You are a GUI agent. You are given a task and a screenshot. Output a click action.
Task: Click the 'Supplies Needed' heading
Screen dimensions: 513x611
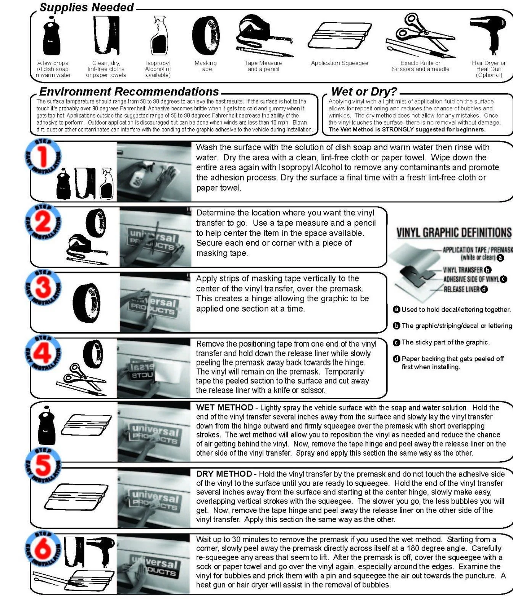tap(87, 7)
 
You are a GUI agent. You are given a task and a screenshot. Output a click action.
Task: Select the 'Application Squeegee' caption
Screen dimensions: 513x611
tap(339, 63)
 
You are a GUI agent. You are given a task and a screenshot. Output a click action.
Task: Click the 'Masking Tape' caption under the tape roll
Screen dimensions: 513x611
tap(205, 66)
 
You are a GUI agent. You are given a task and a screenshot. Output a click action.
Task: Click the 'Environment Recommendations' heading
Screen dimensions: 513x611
tap(129, 92)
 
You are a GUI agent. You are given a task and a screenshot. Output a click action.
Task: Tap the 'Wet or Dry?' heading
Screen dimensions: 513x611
tap(364, 92)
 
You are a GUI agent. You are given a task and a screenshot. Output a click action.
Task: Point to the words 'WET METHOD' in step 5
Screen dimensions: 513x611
tap(224, 407)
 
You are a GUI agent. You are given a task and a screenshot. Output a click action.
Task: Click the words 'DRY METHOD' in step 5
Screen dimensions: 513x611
tap(224, 474)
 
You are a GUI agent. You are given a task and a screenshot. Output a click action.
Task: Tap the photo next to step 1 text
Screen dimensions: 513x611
tap(154, 171)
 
